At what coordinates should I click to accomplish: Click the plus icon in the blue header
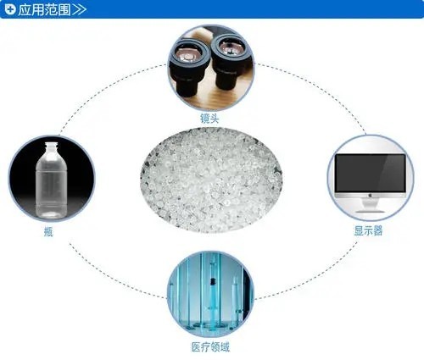click(10, 9)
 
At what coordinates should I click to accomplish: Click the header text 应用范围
click(44, 9)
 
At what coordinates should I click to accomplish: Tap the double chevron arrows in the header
click(79, 9)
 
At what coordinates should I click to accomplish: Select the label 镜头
click(209, 118)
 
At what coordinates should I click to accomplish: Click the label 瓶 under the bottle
click(48, 231)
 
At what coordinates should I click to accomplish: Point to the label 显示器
click(368, 230)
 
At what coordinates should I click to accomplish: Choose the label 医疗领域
click(210, 347)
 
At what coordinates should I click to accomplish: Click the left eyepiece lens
click(187, 54)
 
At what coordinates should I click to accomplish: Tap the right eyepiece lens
click(231, 48)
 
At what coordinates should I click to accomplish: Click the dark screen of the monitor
click(371, 173)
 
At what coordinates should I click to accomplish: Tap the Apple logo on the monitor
click(371, 195)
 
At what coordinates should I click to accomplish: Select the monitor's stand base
click(370, 211)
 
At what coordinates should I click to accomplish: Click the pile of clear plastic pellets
click(211, 180)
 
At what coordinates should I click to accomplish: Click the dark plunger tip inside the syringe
click(212, 281)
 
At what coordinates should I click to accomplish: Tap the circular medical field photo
click(210, 294)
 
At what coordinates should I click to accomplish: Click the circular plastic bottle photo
click(52, 179)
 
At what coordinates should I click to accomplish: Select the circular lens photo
click(211, 68)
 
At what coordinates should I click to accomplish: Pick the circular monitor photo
click(371, 178)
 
